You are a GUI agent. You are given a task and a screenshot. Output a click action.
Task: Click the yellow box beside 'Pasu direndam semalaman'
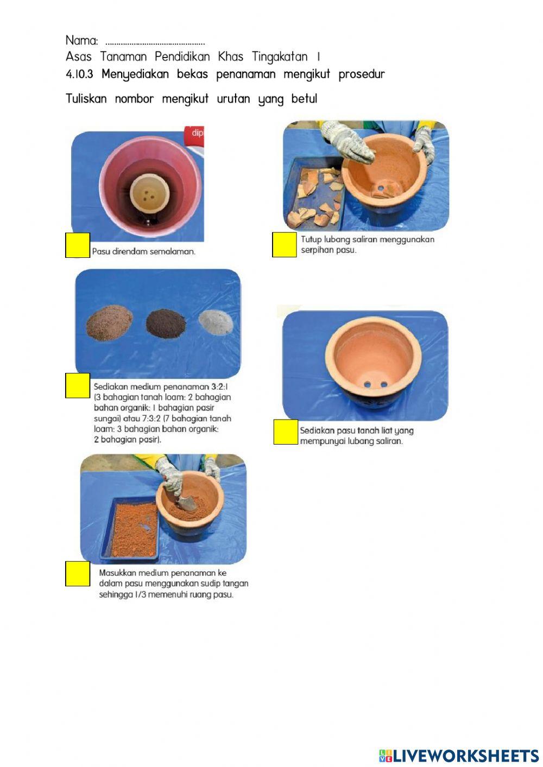[x=78, y=245]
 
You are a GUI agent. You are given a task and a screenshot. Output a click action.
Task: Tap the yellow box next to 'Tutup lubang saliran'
[x=285, y=244]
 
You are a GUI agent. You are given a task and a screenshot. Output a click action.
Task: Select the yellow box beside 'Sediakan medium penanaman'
[x=78, y=385]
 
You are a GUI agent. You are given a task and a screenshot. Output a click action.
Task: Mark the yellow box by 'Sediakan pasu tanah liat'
[x=286, y=432]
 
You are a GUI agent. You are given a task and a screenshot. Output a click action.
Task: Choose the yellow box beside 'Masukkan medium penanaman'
[x=78, y=574]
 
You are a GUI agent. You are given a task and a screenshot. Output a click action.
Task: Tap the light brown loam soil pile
[x=109, y=322]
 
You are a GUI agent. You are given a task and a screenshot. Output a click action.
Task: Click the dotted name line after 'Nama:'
[x=155, y=43]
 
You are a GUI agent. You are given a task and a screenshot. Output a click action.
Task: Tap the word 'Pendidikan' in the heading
[x=182, y=56]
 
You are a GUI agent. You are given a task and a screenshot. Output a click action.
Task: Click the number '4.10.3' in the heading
[x=79, y=74]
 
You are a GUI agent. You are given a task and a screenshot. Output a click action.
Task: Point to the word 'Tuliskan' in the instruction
[x=86, y=99]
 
